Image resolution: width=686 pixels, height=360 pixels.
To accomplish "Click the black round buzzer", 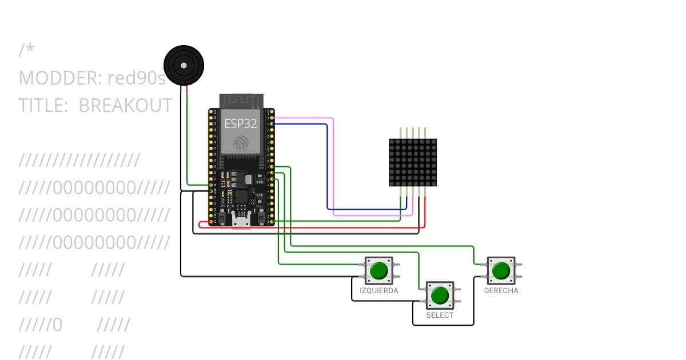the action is [x=184, y=65].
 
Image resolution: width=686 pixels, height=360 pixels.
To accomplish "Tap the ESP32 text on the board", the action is [x=241, y=123].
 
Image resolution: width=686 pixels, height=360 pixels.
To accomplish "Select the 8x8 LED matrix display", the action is [x=413, y=162].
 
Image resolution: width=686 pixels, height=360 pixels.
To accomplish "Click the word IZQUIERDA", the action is [x=379, y=290].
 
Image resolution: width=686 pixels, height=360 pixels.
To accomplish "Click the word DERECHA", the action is [x=501, y=290].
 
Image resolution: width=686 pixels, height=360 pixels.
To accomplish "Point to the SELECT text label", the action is [x=440, y=315].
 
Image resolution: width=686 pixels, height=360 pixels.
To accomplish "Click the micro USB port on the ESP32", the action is [x=241, y=220].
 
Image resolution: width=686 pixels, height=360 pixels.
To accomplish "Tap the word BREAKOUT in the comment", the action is [x=126, y=106].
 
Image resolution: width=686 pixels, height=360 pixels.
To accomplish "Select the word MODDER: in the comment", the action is [x=61, y=78].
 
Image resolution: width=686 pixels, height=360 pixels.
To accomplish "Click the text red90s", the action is [x=137, y=78].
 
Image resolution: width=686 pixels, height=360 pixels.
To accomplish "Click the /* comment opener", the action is [x=27, y=50].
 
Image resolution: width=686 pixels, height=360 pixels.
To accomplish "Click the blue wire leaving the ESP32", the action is [x=328, y=167].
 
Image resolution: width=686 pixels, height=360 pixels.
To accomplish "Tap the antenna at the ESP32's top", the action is [x=241, y=101].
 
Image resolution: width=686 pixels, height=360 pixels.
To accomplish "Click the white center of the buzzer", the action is [x=184, y=65].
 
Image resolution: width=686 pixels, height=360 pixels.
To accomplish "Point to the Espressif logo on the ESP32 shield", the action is [x=241, y=143].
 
